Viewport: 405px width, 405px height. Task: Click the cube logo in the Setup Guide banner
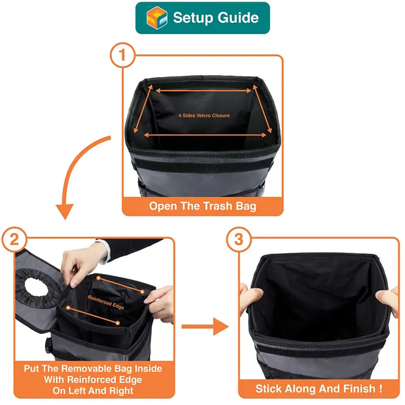157,17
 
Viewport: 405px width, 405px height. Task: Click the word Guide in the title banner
238,18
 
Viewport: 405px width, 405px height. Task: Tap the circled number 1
123,55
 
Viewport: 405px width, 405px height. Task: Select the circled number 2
14,239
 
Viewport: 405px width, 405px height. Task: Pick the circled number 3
238,239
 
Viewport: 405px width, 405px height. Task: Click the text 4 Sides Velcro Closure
204,115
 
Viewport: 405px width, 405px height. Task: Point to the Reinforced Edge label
106,302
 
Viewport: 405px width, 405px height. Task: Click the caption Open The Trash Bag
202,206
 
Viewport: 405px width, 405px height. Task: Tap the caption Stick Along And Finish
319,389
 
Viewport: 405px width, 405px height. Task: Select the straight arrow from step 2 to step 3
205,327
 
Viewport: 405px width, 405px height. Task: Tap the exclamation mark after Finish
380,388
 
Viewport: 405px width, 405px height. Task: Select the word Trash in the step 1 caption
218,206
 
